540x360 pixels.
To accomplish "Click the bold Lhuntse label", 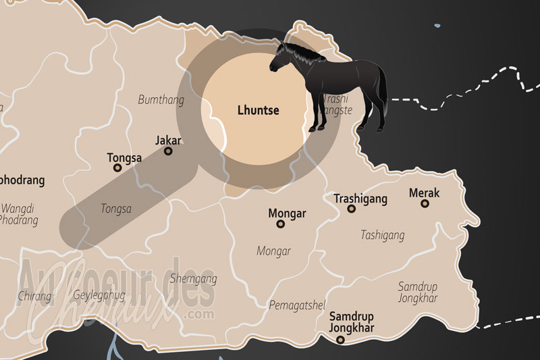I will coord(259,109).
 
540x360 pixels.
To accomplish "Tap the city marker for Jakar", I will coord(168,151).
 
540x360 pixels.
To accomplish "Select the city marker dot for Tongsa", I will coord(117,168).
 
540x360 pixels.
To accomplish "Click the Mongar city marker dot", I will coord(281,224).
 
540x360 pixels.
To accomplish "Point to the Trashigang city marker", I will coord(351,209).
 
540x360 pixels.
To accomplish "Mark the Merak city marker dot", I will coord(425,203).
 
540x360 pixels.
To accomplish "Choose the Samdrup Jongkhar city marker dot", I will coord(340,340).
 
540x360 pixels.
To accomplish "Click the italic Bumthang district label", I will coord(161,100).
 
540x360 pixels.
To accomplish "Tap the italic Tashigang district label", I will coord(383,235).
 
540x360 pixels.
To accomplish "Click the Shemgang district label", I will coord(194,278).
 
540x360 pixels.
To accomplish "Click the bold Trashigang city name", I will coord(361,199).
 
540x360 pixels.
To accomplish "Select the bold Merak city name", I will coord(425,193).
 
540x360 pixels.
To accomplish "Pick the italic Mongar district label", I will coord(273,251).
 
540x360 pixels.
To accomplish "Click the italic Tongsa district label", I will coord(115,209).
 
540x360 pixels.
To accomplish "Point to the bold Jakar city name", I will coord(169,140).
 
